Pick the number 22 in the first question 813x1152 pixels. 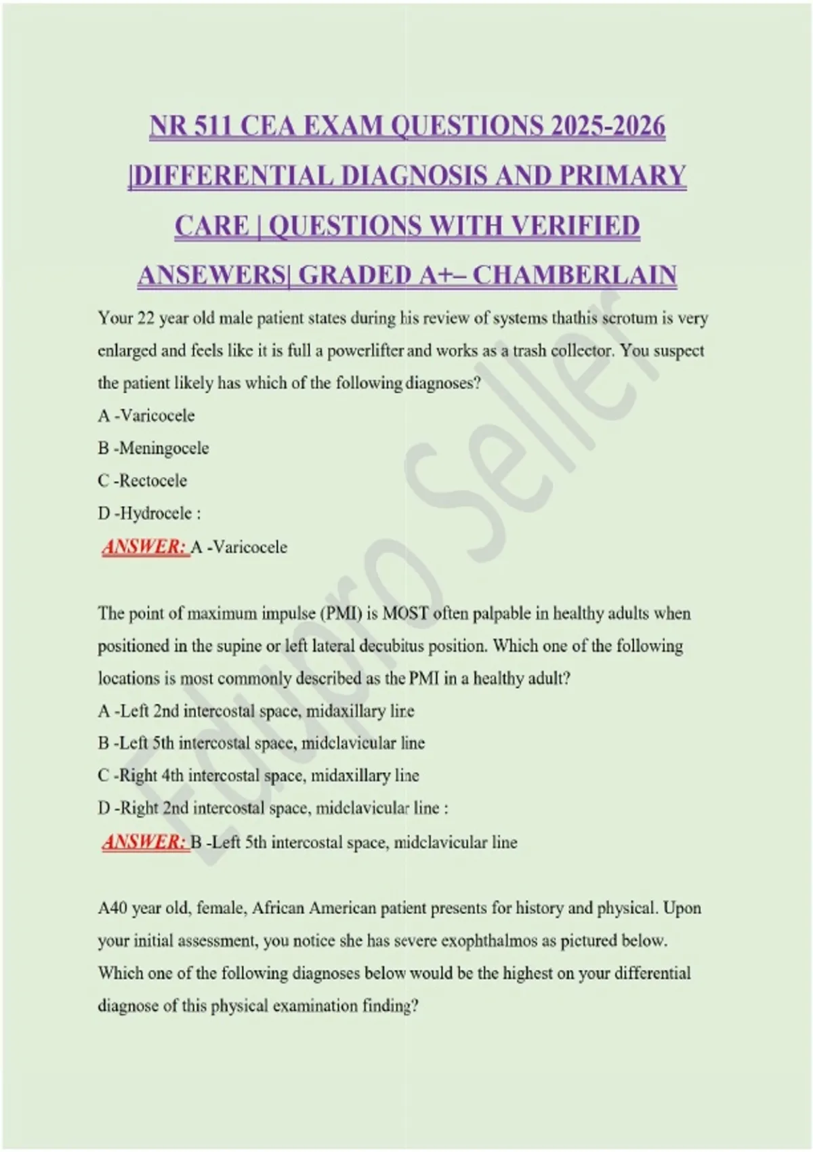(x=146, y=318)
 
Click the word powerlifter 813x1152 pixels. (x=366, y=351)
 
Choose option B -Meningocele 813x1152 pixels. (x=154, y=448)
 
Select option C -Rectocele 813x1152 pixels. (x=143, y=480)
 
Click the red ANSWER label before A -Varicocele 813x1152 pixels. (x=144, y=547)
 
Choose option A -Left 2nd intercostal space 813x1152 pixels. (x=255, y=711)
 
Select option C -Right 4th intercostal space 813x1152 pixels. (x=258, y=775)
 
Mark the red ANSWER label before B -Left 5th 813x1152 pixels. (x=144, y=842)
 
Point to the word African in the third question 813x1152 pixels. (x=278, y=908)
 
